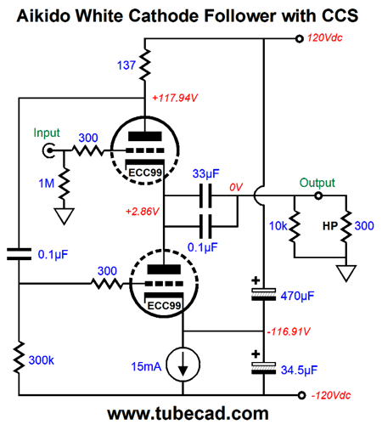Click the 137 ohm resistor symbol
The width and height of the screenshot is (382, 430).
pos(144,65)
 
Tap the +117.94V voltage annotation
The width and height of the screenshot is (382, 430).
pos(175,98)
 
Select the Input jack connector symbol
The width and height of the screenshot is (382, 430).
pos(48,150)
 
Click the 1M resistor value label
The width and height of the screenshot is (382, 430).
pos(47,184)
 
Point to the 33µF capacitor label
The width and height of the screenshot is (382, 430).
pos(206,173)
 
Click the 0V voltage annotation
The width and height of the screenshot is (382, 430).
pos(236,187)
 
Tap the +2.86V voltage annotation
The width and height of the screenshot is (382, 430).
pos(143,212)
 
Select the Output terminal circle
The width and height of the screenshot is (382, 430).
pos(318,195)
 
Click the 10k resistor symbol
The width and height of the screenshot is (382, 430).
pos(295,226)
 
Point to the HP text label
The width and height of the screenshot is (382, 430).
pos(330,226)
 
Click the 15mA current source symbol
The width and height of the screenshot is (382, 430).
pos(183,365)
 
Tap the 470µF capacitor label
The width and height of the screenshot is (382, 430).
pos(297,296)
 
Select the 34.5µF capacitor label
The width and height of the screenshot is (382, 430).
pos(299,370)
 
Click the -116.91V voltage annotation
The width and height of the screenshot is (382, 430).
pos(289,331)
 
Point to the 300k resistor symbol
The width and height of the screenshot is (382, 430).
pos(19,358)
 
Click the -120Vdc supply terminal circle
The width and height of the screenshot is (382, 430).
pos(302,395)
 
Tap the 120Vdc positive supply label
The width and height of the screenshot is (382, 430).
pos(325,38)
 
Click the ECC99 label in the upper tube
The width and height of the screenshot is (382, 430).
pos(145,173)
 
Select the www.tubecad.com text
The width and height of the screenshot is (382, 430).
pos(188,414)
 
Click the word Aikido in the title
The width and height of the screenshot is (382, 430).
pos(43,15)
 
